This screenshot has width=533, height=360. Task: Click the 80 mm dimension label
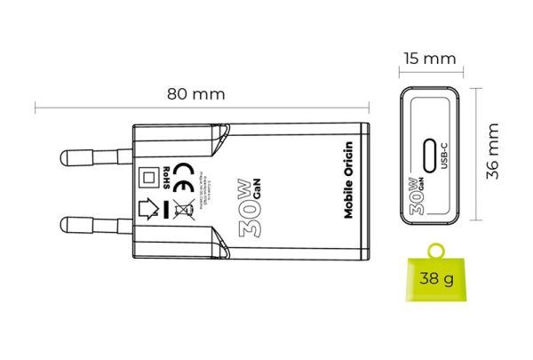(x=198, y=92)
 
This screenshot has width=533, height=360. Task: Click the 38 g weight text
(x=436, y=280)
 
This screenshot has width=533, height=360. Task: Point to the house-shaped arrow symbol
(x=151, y=211)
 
